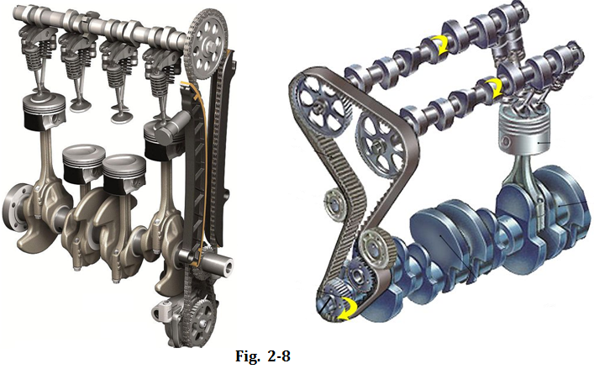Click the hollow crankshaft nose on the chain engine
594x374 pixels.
pyautogui.click(x=222, y=265)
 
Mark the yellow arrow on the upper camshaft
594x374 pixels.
pyautogui.click(x=440, y=45)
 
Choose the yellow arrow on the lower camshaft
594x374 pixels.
pyautogui.click(x=494, y=88)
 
